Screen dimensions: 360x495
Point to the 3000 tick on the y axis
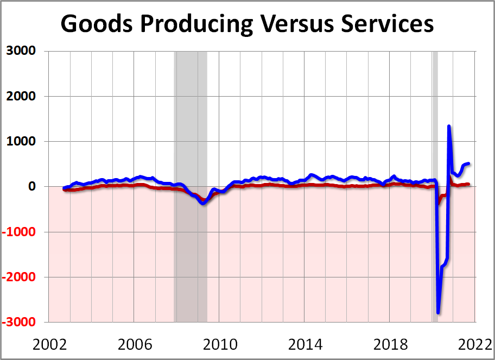(21, 51)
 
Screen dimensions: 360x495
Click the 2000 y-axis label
(21, 96)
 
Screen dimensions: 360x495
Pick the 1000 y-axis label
(21, 141)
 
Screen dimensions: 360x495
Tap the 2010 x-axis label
(219, 345)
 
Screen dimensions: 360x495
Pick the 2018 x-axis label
(389, 345)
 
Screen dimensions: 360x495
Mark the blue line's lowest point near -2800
(438, 313)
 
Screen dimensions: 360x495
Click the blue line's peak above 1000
(449, 127)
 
